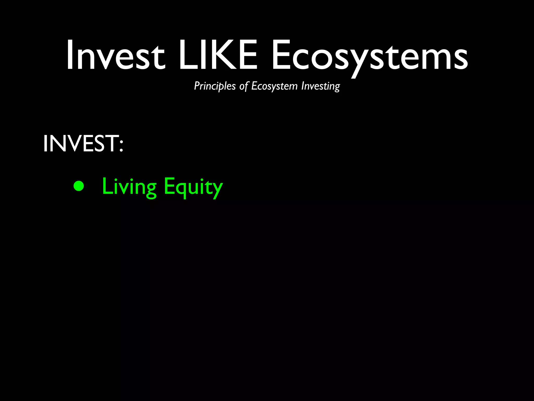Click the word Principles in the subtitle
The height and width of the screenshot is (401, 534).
click(x=215, y=86)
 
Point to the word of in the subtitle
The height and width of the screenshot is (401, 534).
click(x=244, y=86)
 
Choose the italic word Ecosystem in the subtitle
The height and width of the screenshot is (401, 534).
click(x=274, y=86)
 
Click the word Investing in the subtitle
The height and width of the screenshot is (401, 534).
click(x=320, y=86)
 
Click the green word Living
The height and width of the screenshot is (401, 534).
click(x=129, y=187)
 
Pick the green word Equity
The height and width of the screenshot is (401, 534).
click(x=193, y=187)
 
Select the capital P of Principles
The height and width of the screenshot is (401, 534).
click(x=197, y=86)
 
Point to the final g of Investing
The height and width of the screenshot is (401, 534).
click(x=337, y=87)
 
